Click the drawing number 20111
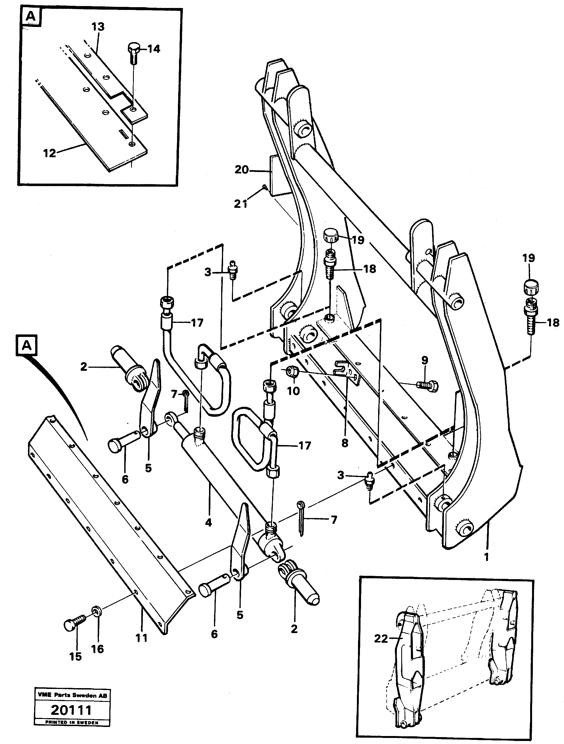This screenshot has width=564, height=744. click(x=71, y=710)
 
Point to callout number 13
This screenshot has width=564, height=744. click(x=98, y=27)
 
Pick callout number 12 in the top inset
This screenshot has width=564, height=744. click(x=50, y=153)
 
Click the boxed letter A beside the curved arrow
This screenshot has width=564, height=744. click(x=27, y=345)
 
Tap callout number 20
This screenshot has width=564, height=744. click(x=242, y=170)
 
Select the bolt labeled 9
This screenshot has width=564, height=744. click(x=427, y=385)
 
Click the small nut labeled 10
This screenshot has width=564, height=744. click(x=291, y=373)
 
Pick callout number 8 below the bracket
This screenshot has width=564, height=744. click(x=345, y=443)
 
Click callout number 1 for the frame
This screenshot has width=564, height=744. click(x=486, y=557)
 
